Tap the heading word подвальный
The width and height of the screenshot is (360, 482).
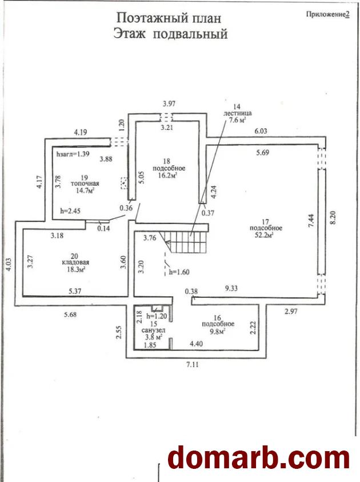(x=190, y=34)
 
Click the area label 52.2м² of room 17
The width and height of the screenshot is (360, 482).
(x=265, y=235)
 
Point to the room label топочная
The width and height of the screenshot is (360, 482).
(x=85, y=184)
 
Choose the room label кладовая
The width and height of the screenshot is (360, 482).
(x=75, y=262)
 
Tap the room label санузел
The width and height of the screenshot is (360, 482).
(x=153, y=330)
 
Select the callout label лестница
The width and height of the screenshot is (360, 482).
(x=237, y=113)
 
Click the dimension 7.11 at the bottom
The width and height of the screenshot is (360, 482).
(x=193, y=365)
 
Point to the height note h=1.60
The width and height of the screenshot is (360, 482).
(x=179, y=272)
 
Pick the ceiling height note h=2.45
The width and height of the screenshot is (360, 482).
(x=70, y=211)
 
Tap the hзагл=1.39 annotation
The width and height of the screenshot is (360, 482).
(x=73, y=154)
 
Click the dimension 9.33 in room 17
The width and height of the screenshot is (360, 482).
(x=231, y=288)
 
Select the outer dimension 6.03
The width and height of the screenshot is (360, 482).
(x=261, y=131)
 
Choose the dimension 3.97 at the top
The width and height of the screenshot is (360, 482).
(x=169, y=103)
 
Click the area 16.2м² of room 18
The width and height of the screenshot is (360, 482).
(x=169, y=175)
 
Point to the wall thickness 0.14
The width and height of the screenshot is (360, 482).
(x=103, y=228)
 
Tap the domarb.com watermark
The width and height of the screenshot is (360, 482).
(x=259, y=459)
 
